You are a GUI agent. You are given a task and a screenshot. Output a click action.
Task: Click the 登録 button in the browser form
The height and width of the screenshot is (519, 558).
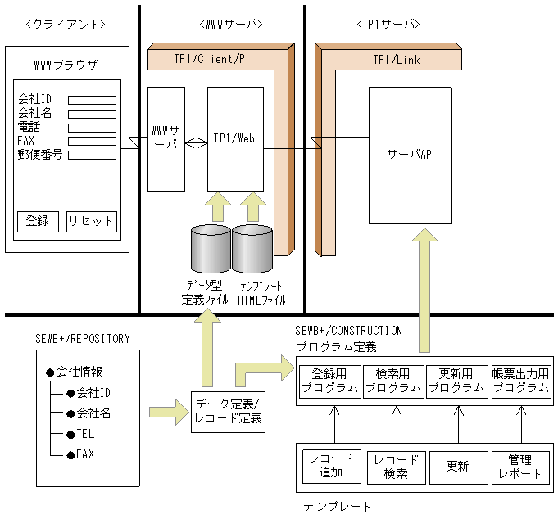(x=38, y=222)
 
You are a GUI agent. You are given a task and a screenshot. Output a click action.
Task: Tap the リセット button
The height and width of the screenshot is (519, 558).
(x=92, y=222)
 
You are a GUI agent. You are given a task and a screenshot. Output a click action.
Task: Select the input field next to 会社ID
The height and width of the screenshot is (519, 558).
(x=92, y=100)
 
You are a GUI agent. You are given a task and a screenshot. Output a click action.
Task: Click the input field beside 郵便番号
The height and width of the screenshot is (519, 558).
(x=92, y=155)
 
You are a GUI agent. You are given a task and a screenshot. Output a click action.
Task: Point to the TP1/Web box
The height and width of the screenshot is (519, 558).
(x=236, y=139)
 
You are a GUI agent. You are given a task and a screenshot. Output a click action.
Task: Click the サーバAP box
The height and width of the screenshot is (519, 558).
(x=411, y=156)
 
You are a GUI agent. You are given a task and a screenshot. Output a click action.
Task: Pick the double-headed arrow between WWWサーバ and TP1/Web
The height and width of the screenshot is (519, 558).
(x=196, y=143)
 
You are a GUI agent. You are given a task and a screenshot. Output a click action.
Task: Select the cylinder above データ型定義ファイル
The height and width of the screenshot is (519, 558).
(x=211, y=249)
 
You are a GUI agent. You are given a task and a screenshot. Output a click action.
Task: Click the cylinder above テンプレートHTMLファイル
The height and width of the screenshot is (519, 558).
(x=252, y=249)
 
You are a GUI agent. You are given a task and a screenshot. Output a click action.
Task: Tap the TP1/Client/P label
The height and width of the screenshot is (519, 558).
(x=209, y=59)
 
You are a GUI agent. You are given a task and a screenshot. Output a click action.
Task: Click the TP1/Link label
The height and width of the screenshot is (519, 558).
(x=397, y=60)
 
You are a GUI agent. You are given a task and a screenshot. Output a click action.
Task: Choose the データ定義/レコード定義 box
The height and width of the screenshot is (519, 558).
(x=228, y=412)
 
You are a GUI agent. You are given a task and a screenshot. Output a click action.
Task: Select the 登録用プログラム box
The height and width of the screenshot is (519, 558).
(x=330, y=381)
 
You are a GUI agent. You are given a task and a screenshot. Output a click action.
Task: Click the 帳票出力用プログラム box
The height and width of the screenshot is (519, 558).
(x=521, y=381)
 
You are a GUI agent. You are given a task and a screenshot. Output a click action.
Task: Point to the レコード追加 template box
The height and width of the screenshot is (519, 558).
(x=332, y=467)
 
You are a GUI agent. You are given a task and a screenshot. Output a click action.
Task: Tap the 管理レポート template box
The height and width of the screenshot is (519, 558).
(x=520, y=467)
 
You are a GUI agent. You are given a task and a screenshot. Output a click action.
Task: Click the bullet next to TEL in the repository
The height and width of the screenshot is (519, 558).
(x=70, y=435)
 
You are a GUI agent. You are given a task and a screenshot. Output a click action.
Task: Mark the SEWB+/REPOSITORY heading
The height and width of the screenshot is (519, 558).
(x=83, y=339)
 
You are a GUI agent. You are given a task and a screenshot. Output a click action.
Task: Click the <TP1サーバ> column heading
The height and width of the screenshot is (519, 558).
(x=388, y=25)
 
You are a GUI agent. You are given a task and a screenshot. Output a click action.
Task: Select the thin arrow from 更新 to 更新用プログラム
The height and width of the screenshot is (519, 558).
(x=458, y=424)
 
